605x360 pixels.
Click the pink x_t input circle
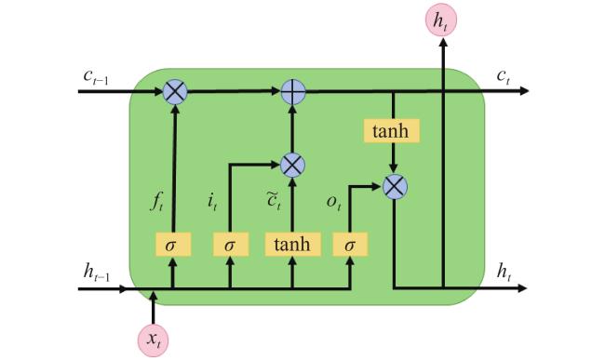tap(154, 340)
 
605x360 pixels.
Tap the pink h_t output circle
tap(441, 20)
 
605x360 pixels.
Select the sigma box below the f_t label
tap(173, 245)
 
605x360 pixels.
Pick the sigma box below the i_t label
tap(231, 245)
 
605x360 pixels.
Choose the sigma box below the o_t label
tap(350, 245)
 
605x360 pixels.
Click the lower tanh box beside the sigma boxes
tap(292, 245)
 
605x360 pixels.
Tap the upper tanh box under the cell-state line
tap(391, 131)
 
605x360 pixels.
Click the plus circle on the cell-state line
tap(293, 92)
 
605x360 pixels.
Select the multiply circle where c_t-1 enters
tap(175, 92)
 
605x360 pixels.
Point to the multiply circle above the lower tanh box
tap(292, 165)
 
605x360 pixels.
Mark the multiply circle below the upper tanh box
tap(395, 187)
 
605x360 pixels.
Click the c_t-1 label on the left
tap(96, 76)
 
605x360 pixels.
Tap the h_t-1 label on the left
tap(97, 272)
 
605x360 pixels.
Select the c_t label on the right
tap(504, 76)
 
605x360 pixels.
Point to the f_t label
tap(156, 201)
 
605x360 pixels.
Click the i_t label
tap(212, 202)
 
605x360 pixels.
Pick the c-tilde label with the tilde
tap(274, 200)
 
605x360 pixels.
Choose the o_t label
tap(334, 202)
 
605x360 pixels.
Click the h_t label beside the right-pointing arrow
tap(504, 272)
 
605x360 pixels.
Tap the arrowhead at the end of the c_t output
tap(524, 91)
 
